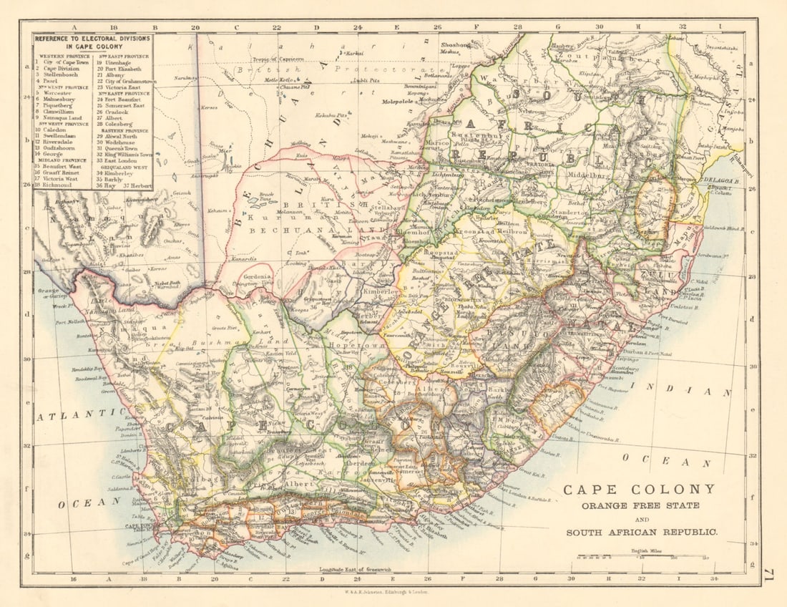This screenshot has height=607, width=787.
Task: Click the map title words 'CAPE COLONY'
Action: click(x=638, y=490)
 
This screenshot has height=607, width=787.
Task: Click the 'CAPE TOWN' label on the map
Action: click(x=141, y=526)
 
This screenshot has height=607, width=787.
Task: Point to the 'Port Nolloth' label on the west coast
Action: click(x=70, y=322)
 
